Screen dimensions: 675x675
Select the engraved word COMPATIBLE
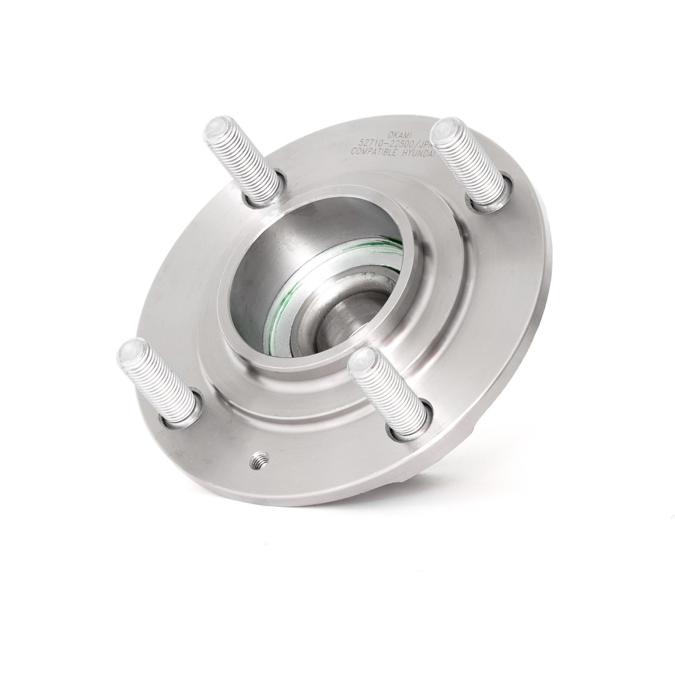click(x=374, y=152)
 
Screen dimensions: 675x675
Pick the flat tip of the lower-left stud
click(x=131, y=349)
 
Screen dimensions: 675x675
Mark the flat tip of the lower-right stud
click(x=362, y=360)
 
